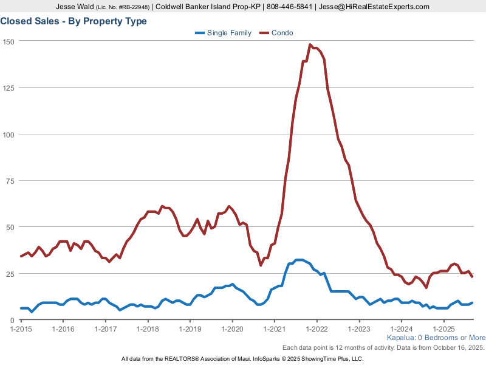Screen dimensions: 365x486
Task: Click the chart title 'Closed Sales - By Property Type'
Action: [x=74, y=21]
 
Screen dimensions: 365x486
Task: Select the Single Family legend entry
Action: [x=223, y=33]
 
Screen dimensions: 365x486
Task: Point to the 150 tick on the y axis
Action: [x=9, y=41]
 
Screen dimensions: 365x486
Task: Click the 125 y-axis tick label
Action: [x=9, y=88]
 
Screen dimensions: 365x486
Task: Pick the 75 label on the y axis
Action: [x=10, y=181]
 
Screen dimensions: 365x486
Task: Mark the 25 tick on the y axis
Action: [x=10, y=274]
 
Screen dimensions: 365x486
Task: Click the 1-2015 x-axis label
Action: [x=21, y=328]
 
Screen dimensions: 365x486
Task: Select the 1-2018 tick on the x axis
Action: [x=148, y=328]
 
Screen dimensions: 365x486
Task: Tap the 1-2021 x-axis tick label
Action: [x=275, y=328]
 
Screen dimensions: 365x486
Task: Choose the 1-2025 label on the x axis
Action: [x=443, y=328]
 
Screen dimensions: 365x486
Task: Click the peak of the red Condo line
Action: [x=310, y=44]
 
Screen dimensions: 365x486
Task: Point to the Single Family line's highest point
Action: [x=299, y=260]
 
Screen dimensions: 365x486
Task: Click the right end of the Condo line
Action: [x=472, y=277]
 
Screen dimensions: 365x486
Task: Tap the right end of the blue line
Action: [x=472, y=303]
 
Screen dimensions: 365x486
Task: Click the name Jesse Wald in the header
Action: [x=75, y=7]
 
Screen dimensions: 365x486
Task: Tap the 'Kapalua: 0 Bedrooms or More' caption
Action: [x=436, y=338]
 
